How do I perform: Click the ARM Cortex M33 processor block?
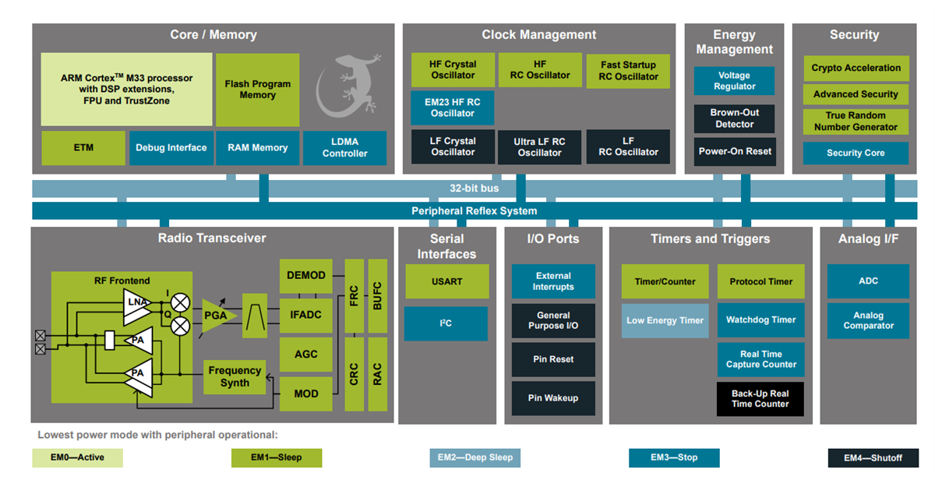point(126,90)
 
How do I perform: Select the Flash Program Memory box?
point(257,90)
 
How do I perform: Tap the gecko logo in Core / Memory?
point(348,81)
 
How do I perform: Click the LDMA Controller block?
point(344,147)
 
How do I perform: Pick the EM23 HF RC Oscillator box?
point(453,108)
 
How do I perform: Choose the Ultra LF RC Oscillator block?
point(539,147)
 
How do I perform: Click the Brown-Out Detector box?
point(734,118)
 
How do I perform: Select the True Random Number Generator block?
point(856,121)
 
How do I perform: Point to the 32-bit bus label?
point(474,189)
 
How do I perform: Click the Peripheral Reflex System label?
point(474,211)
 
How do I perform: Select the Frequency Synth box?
point(235,376)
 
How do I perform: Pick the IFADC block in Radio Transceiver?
point(305,315)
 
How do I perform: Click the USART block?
point(446,281)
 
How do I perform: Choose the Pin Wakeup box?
point(553,398)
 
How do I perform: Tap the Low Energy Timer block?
point(665,320)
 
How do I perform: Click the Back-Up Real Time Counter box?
point(760,398)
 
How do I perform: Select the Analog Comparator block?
point(868,320)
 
